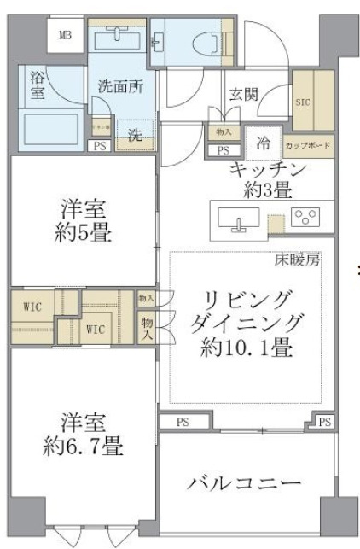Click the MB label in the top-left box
64,36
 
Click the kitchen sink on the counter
238,219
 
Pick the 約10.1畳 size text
247,348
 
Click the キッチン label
267,168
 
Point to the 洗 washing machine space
135,135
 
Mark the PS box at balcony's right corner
323,422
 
